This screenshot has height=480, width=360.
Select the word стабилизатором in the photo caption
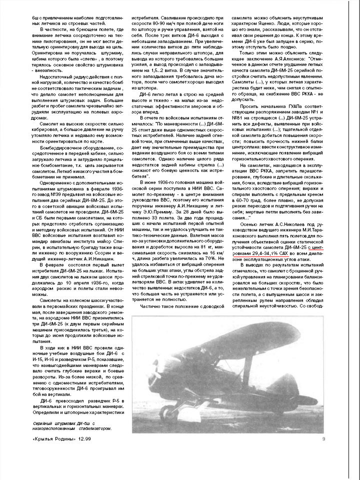92,428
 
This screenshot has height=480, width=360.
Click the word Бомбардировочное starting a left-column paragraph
53,148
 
